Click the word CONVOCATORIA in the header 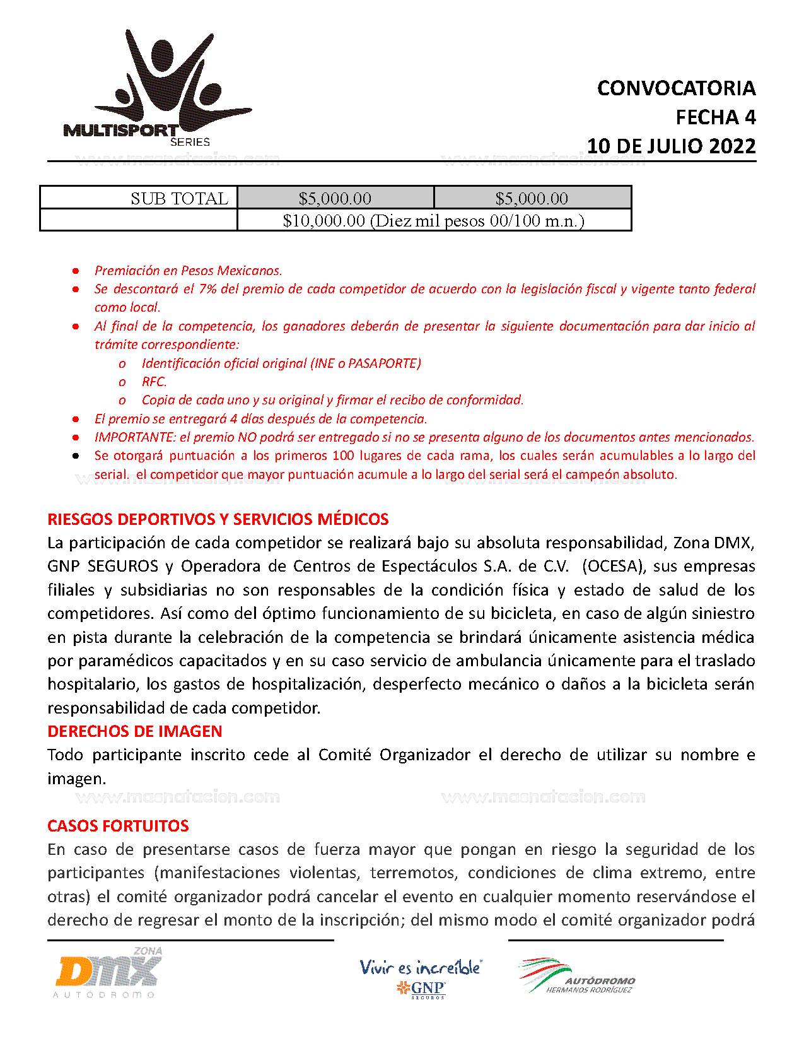tap(676, 88)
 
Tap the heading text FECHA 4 tap(715, 117)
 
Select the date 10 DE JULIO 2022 tap(671, 146)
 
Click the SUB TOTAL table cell tap(139, 198)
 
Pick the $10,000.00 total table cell tap(433, 221)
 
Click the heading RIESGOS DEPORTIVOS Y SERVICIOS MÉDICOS tap(218, 519)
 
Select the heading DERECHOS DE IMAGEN tap(134, 731)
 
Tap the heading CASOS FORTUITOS tap(118, 826)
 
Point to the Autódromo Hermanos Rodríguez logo tap(576, 977)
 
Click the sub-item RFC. tap(154, 382)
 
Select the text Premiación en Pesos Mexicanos tap(188, 271)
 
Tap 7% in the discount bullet tap(207, 289)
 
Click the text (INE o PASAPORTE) tap(366, 363)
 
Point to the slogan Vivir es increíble tap(420, 967)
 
